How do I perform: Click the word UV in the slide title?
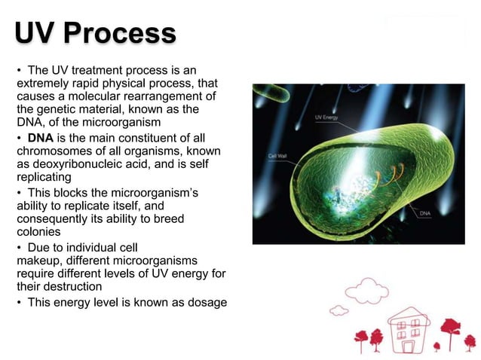[35, 34]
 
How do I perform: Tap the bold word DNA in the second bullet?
[41, 139]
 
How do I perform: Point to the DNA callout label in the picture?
[426, 214]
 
